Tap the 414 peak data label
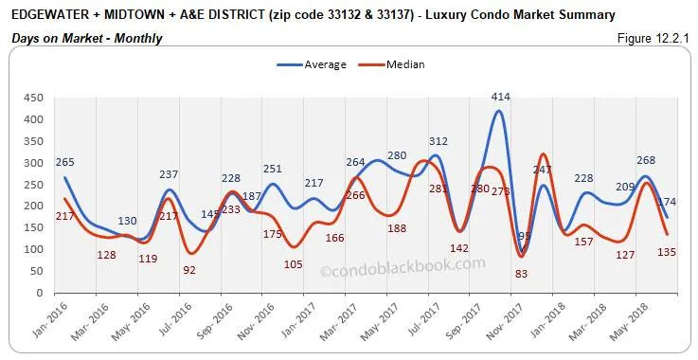tap(502, 97)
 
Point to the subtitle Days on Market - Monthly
tap(87, 38)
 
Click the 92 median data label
tap(190, 269)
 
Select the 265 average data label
tap(65, 162)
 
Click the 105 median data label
tap(294, 263)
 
